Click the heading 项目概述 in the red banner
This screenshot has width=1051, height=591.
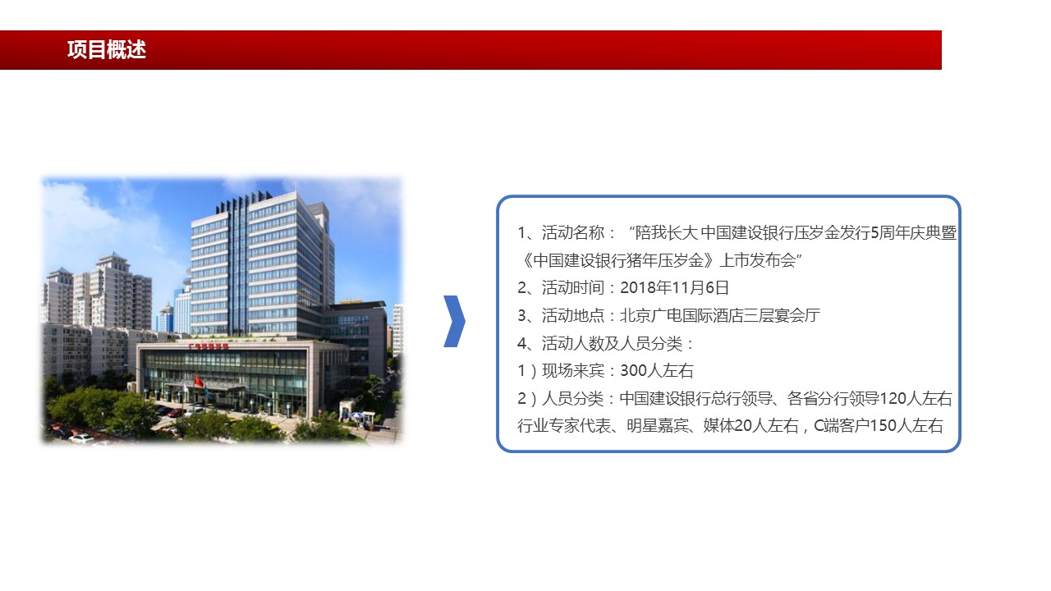pyautogui.click(x=107, y=50)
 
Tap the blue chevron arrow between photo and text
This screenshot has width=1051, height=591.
pyautogui.click(x=454, y=321)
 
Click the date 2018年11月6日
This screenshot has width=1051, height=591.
pyautogui.click(x=674, y=287)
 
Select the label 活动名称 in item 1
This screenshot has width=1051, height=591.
pyautogui.click(x=573, y=232)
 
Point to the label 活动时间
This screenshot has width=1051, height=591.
pyautogui.click(x=573, y=287)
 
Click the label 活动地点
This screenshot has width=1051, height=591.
pyautogui.click(x=573, y=315)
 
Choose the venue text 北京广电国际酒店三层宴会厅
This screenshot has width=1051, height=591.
pyautogui.click(x=720, y=315)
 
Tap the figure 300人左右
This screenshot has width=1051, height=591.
pyautogui.click(x=656, y=370)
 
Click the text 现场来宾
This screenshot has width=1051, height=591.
pyautogui.click(x=573, y=370)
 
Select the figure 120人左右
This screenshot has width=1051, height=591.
pyautogui.click(x=916, y=398)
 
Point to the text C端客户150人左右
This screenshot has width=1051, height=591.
pyautogui.click(x=878, y=425)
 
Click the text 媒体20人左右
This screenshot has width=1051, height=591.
pyautogui.click(x=750, y=425)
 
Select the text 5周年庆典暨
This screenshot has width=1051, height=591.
pyautogui.click(x=913, y=232)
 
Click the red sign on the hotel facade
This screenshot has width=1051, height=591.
pyautogui.click(x=209, y=346)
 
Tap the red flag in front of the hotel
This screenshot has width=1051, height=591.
pyautogui.click(x=199, y=382)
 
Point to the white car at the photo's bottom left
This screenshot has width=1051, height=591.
pyautogui.click(x=81, y=439)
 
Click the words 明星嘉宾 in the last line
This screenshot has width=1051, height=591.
pyautogui.click(x=658, y=425)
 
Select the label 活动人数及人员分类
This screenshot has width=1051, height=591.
pyautogui.click(x=612, y=343)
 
